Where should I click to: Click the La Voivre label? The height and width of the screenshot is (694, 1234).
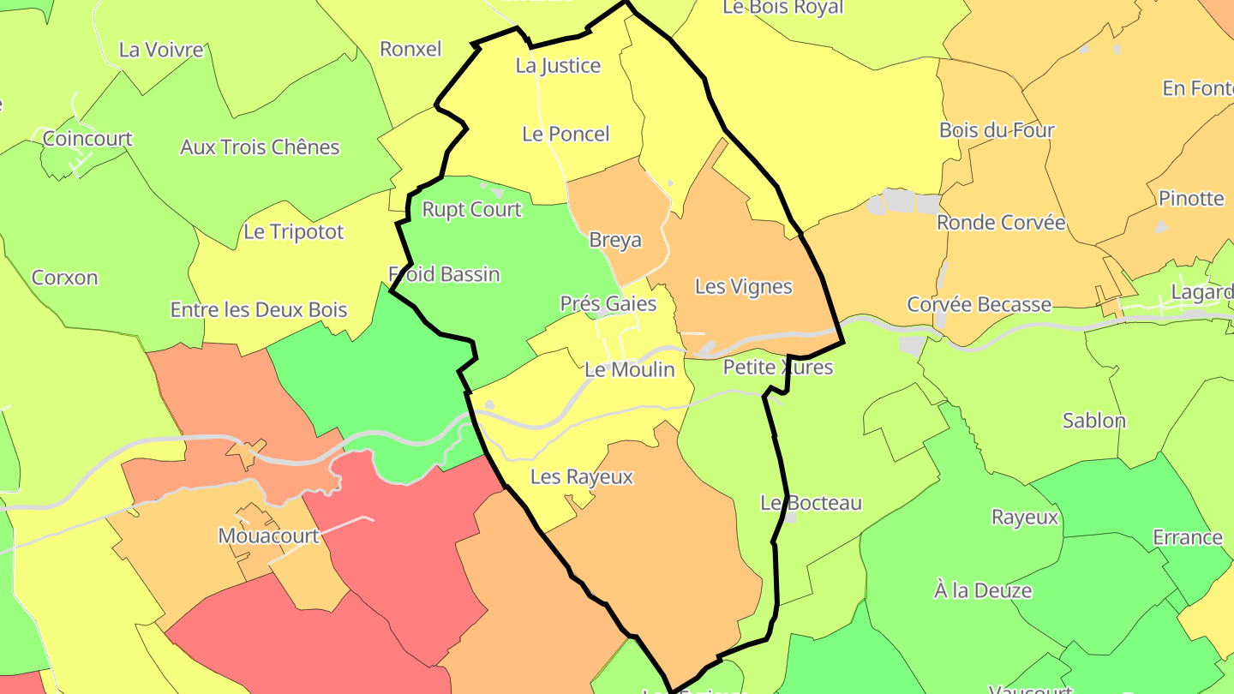pyautogui.click(x=161, y=50)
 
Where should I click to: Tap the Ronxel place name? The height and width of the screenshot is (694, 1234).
pyautogui.click(x=410, y=49)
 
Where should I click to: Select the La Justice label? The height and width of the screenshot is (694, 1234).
pyautogui.click(x=558, y=66)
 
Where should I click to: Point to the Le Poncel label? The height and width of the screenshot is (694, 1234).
pyautogui.click(x=566, y=134)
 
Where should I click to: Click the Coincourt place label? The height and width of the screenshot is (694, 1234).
pyautogui.click(x=87, y=139)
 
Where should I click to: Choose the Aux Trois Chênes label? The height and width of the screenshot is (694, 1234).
pyautogui.click(x=260, y=147)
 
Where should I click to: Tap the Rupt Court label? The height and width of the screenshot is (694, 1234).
pyautogui.click(x=471, y=210)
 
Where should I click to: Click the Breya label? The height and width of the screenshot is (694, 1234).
pyautogui.click(x=615, y=241)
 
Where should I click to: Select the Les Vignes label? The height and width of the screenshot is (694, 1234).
pyautogui.click(x=743, y=287)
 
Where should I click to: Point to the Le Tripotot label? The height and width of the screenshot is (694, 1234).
pyautogui.click(x=294, y=232)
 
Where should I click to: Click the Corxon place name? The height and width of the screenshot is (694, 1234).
pyautogui.click(x=65, y=278)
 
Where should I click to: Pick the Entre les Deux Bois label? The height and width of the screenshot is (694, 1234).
pyautogui.click(x=259, y=310)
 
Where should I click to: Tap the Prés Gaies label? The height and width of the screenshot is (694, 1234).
pyautogui.click(x=608, y=304)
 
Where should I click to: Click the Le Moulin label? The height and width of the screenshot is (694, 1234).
pyautogui.click(x=630, y=370)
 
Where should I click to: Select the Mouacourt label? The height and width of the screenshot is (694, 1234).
pyautogui.click(x=268, y=536)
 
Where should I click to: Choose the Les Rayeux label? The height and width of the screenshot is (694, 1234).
pyautogui.click(x=582, y=477)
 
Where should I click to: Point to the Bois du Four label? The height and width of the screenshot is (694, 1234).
pyautogui.click(x=997, y=131)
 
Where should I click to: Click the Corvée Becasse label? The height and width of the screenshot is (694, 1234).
pyautogui.click(x=979, y=305)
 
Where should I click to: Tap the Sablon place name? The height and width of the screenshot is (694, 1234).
pyautogui.click(x=1094, y=421)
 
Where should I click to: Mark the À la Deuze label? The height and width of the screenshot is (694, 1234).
pyautogui.click(x=983, y=591)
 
